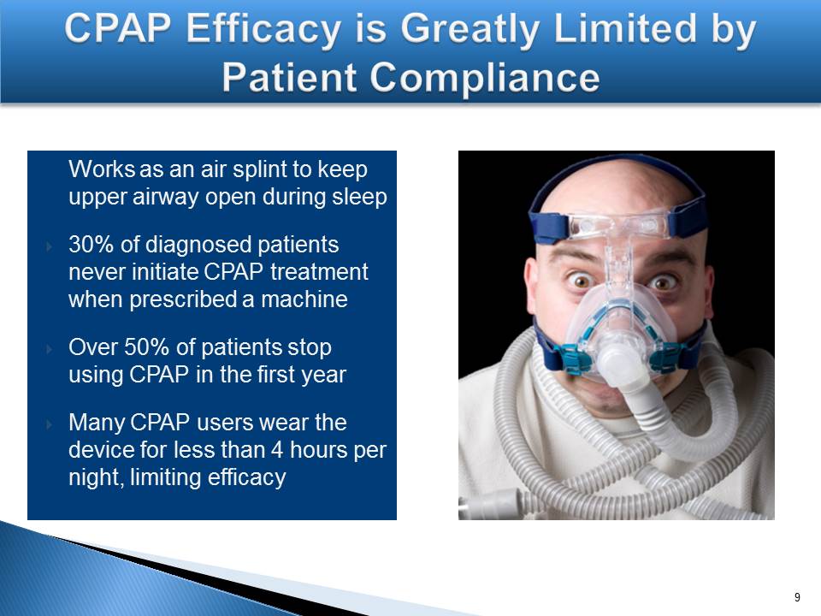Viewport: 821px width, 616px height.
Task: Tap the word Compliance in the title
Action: [484, 77]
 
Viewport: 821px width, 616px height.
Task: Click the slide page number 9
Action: [797, 597]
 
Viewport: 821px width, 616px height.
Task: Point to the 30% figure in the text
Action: [91, 245]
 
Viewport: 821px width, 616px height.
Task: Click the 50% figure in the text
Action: [146, 347]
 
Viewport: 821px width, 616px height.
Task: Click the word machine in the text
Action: [304, 299]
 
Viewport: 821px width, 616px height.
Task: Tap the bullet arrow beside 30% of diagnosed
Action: [50, 246]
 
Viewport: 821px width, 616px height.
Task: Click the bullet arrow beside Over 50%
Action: [50, 349]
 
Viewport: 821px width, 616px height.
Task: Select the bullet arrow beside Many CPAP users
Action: [50, 424]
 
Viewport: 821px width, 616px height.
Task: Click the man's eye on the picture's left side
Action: [582, 281]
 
